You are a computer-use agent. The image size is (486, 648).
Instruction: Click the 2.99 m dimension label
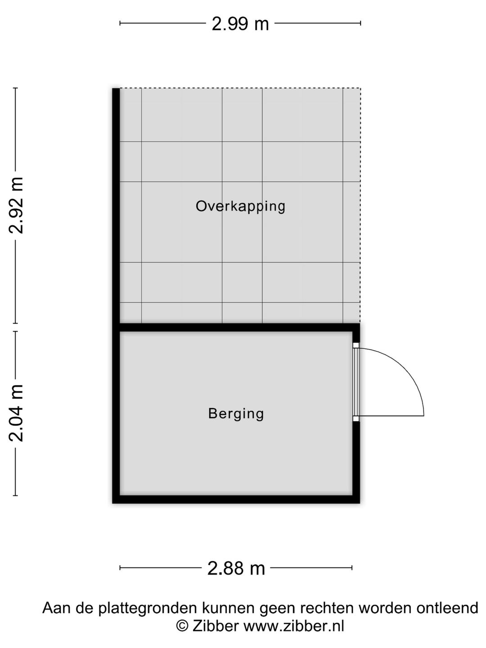click(240, 23)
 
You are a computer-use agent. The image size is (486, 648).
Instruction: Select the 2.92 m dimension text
click(17, 205)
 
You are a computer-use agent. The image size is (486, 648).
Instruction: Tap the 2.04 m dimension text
click(17, 413)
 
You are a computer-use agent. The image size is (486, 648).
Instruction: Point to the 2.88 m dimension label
click(236, 568)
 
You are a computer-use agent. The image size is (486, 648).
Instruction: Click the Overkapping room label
click(240, 206)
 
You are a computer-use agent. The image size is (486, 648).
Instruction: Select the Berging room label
click(236, 413)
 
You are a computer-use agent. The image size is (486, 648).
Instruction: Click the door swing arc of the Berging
click(407, 369)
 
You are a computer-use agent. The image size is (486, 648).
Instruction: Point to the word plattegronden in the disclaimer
click(147, 608)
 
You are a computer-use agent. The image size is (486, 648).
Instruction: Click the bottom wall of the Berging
click(236, 499)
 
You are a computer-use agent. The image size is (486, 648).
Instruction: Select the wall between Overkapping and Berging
click(236, 328)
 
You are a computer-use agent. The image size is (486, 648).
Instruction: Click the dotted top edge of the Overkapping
click(240, 88)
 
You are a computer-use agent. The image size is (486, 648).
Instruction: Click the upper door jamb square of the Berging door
click(355, 346)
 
